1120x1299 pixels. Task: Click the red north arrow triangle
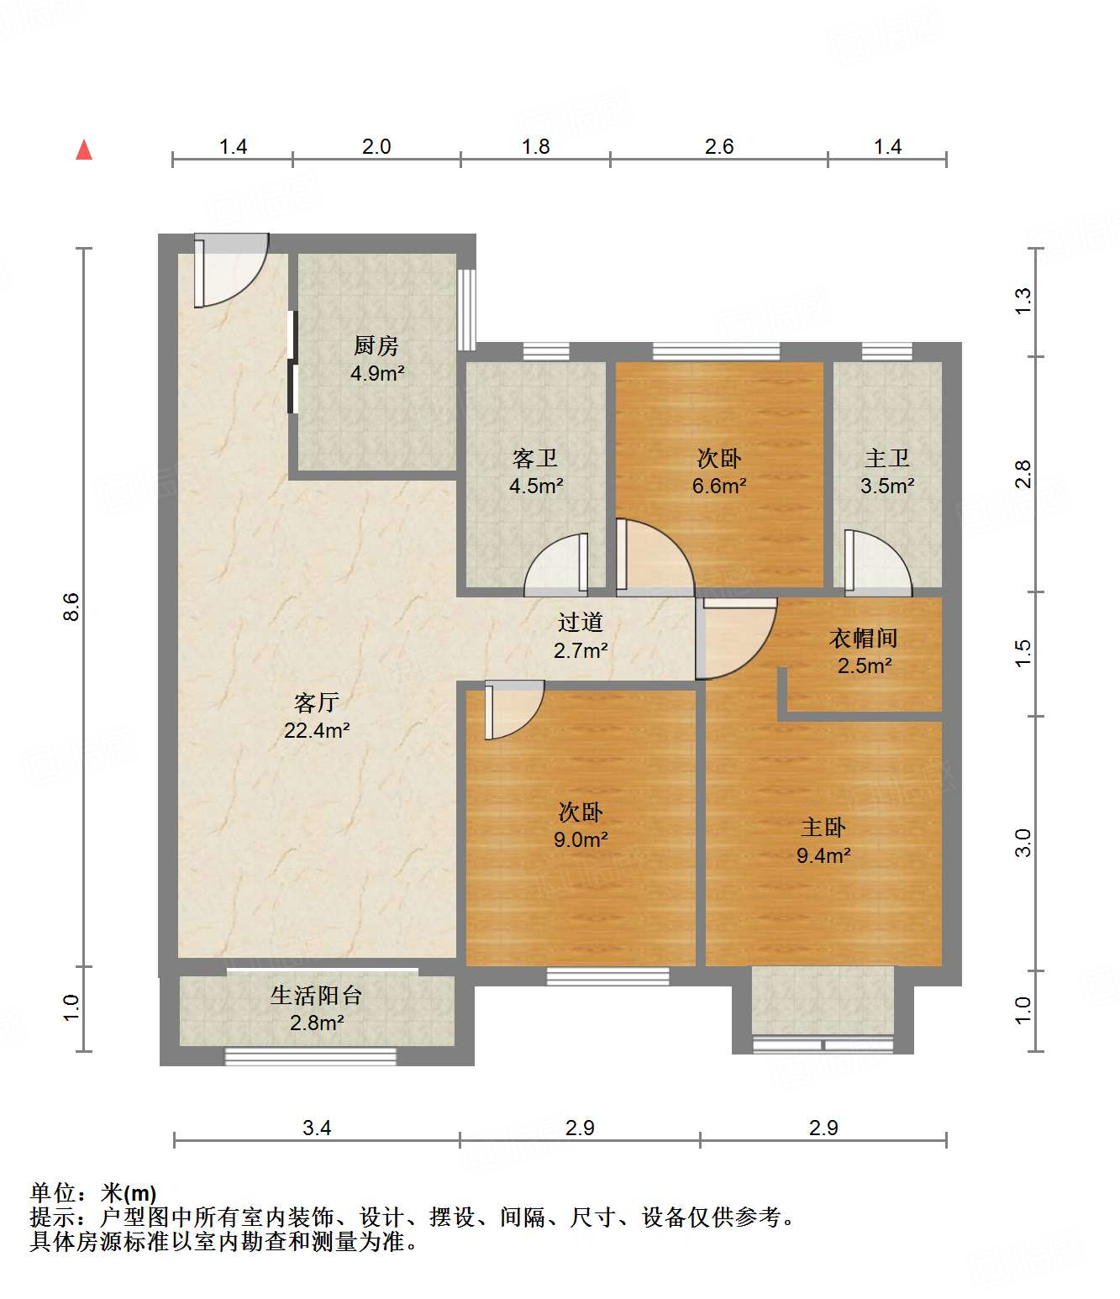pyautogui.click(x=84, y=151)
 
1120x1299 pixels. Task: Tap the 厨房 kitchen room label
pyautogui.click(x=376, y=345)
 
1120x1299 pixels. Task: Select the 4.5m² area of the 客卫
pyautogui.click(x=536, y=486)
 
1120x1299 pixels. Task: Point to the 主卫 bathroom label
pyautogui.click(x=886, y=458)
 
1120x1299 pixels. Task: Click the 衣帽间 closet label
pyautogui.click(x=864, y=638)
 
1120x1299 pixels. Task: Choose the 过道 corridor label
pyautogui.click(x=580, y=622)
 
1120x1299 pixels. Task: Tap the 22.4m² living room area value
pyautogui.click(x=317, y=730)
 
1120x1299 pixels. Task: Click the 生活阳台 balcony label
pyautogui.click(x=316, y=996)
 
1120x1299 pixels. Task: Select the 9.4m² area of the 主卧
pyautogui.click(x=823, y=855)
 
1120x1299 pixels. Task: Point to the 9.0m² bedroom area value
pyautogui.click(x=580, y=839)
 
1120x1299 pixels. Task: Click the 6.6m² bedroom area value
pyautogui.click(x=719, y=486)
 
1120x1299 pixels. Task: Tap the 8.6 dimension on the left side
pyautogui.click(x=71, y=607)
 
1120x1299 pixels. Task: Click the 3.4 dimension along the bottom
pyautogui.click(x=317, y=1128)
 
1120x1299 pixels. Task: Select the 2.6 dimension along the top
pyautogui.click(x=719, y=147)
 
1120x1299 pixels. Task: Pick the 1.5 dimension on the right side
pyautogui.click(x=1023, y=653)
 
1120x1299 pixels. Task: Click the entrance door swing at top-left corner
pyautogui.click(x=231, y=271)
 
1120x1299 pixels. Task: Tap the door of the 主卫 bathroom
pyautogui.click(x=878, y=562)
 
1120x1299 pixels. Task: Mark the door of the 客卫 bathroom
pyautogui.click(x=556, y=565)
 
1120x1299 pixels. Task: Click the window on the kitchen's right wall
pyautogui.click(x=466, y=309)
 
